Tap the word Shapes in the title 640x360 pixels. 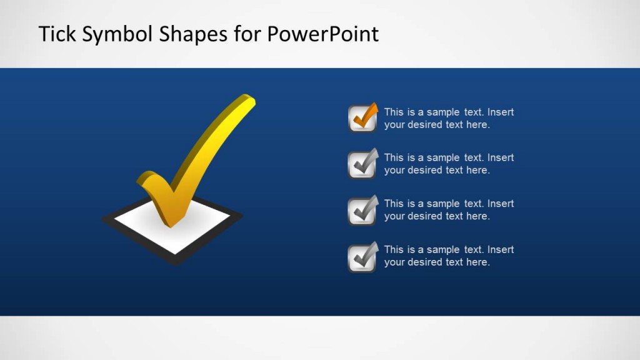click(194, 34)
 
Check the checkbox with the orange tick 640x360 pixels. click(362, 119)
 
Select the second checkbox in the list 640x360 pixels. click(362, 164)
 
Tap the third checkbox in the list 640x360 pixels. click(362, 211)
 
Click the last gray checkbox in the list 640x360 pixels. click(362, 257)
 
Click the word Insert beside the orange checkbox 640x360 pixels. click(501, 112)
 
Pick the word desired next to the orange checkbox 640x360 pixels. click(425, 124)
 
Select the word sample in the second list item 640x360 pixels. click(443, 158)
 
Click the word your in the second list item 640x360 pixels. click(394, 171)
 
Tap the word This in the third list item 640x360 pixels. click(394, 204)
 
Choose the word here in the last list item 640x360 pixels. click(478, 262)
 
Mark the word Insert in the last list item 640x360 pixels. click(501, 250)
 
